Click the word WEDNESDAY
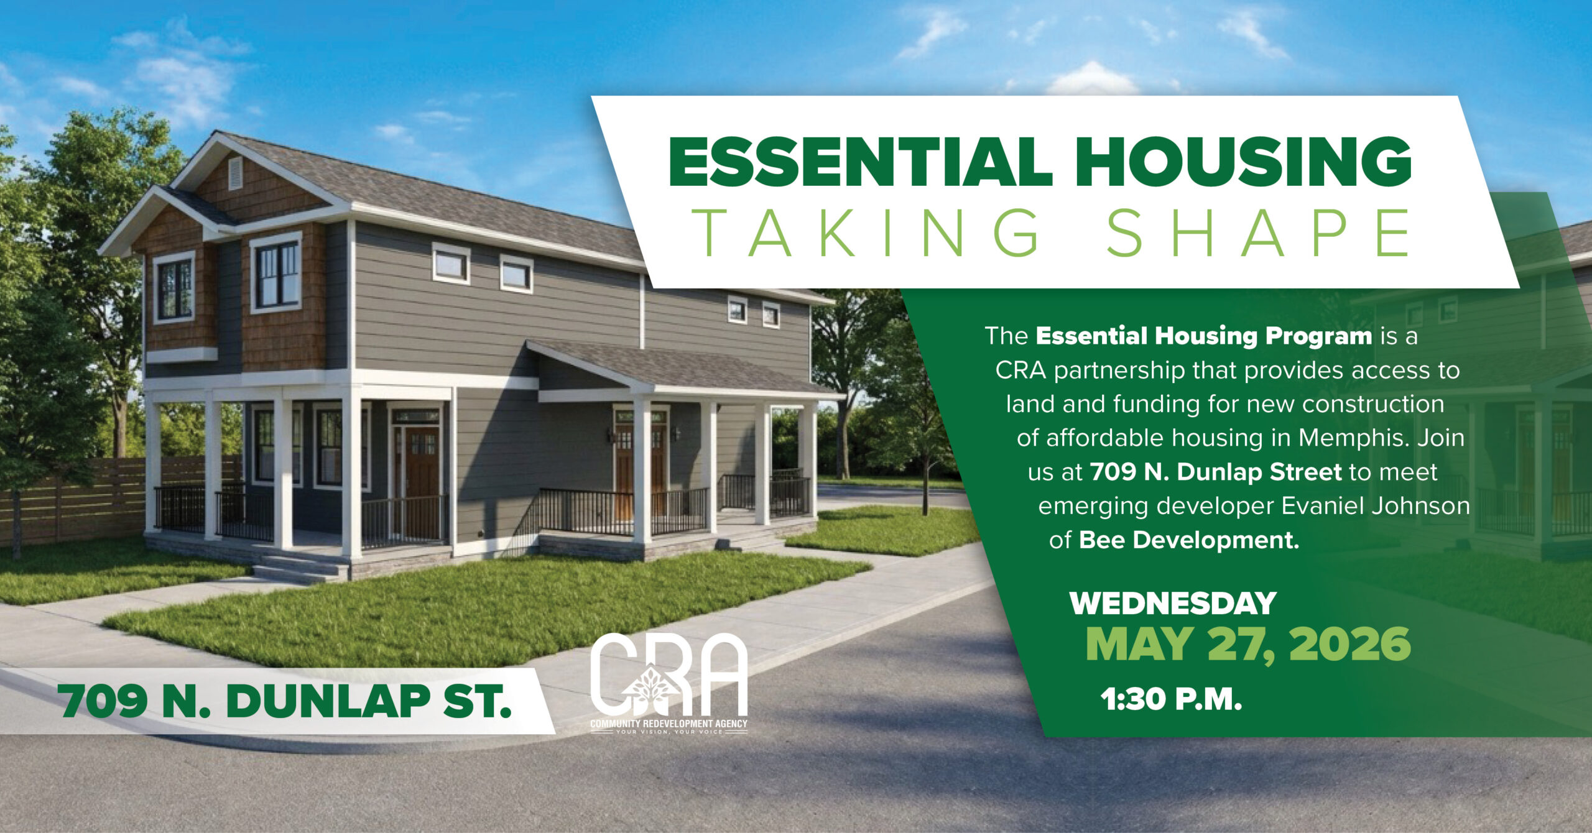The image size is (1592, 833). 1173,604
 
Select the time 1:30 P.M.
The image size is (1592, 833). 1171,699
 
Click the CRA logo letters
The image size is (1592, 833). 669,675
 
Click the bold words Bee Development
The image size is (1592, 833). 1189,540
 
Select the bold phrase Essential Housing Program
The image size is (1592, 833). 1204,336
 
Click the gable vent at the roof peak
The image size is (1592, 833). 235,173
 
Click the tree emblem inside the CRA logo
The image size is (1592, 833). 651,689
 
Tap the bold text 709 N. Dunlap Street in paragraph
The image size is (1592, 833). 1216,472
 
